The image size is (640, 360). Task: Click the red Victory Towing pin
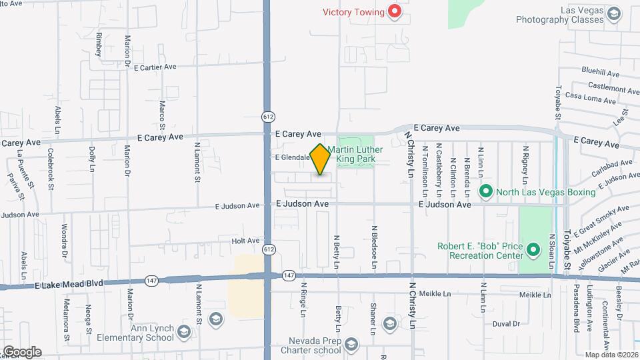tap(395, 11)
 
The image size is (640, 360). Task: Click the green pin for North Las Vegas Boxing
tap(486, 193)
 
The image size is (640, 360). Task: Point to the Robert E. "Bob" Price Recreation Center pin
tap(533, 251)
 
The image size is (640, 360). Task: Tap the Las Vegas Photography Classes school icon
tap(613, 13)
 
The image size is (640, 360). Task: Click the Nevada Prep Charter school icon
tap(351, 344)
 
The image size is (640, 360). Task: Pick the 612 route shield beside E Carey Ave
tap(267, 117)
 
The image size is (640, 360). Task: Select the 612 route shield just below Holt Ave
tap(267, 249)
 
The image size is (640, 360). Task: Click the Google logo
tap(21, 351)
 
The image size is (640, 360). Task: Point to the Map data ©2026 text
tap(610, 355)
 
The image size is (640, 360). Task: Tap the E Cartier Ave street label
tap(155, 67)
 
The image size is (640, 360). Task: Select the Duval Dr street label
tap(506, 324)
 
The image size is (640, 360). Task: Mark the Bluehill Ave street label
tap(600, 71)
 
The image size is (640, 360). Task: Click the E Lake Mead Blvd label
tap(70, 283)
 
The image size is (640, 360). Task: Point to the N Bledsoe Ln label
tap(375, 246)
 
